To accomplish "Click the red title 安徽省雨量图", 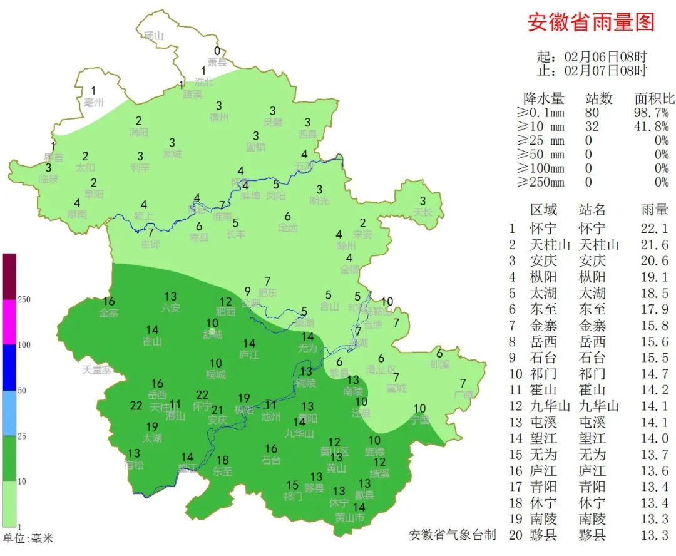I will coord(591,23).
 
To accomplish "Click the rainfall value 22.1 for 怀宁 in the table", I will coord(655,229).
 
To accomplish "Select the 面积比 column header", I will coord(655,99).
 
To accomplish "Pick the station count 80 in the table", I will coord(591,113).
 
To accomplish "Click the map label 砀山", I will coord(153,36).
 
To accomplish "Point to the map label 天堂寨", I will coord(97,370).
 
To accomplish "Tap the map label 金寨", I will coord(108,313).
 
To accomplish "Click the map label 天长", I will coord(422,212).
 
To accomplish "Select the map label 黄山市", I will coord(349,518).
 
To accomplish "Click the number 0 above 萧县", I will coord(217,51).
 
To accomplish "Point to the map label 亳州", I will coord(94,103).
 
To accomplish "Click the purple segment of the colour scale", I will coord(9,276).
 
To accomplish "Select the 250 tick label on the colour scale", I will coord(24,300).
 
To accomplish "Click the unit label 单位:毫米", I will coord(28,538).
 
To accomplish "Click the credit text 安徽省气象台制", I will coord(453,535).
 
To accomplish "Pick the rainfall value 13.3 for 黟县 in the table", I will coord(655,535).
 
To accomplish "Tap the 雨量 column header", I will coord(655,210).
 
